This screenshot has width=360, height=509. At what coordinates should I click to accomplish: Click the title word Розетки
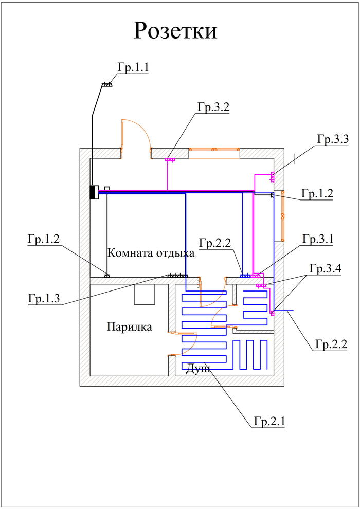(x=175, y=31)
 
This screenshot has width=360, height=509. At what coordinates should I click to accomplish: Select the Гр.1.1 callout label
(x=133, y=67)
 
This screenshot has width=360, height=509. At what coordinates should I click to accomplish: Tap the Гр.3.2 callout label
(x=212, y=107)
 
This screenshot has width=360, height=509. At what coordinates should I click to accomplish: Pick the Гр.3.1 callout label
(x=318, y=239)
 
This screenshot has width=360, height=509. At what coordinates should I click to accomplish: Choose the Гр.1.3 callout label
(x=44, y=299)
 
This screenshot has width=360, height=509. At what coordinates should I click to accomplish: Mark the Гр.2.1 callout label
(x=269, y=422)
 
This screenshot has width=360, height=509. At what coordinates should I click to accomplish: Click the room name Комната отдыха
(x=151, y=253)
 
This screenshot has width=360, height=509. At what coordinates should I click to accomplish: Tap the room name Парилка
(x=129, y=327)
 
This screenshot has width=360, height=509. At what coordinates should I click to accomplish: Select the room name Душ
(x=198, y=369)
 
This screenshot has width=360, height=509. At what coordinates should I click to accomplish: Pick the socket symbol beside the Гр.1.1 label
(x=107, y=84)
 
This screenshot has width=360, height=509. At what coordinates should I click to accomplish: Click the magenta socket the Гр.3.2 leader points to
(x=169, y=160)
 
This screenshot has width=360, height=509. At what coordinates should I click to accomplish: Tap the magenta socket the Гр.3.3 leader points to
(x=272, y=177)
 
